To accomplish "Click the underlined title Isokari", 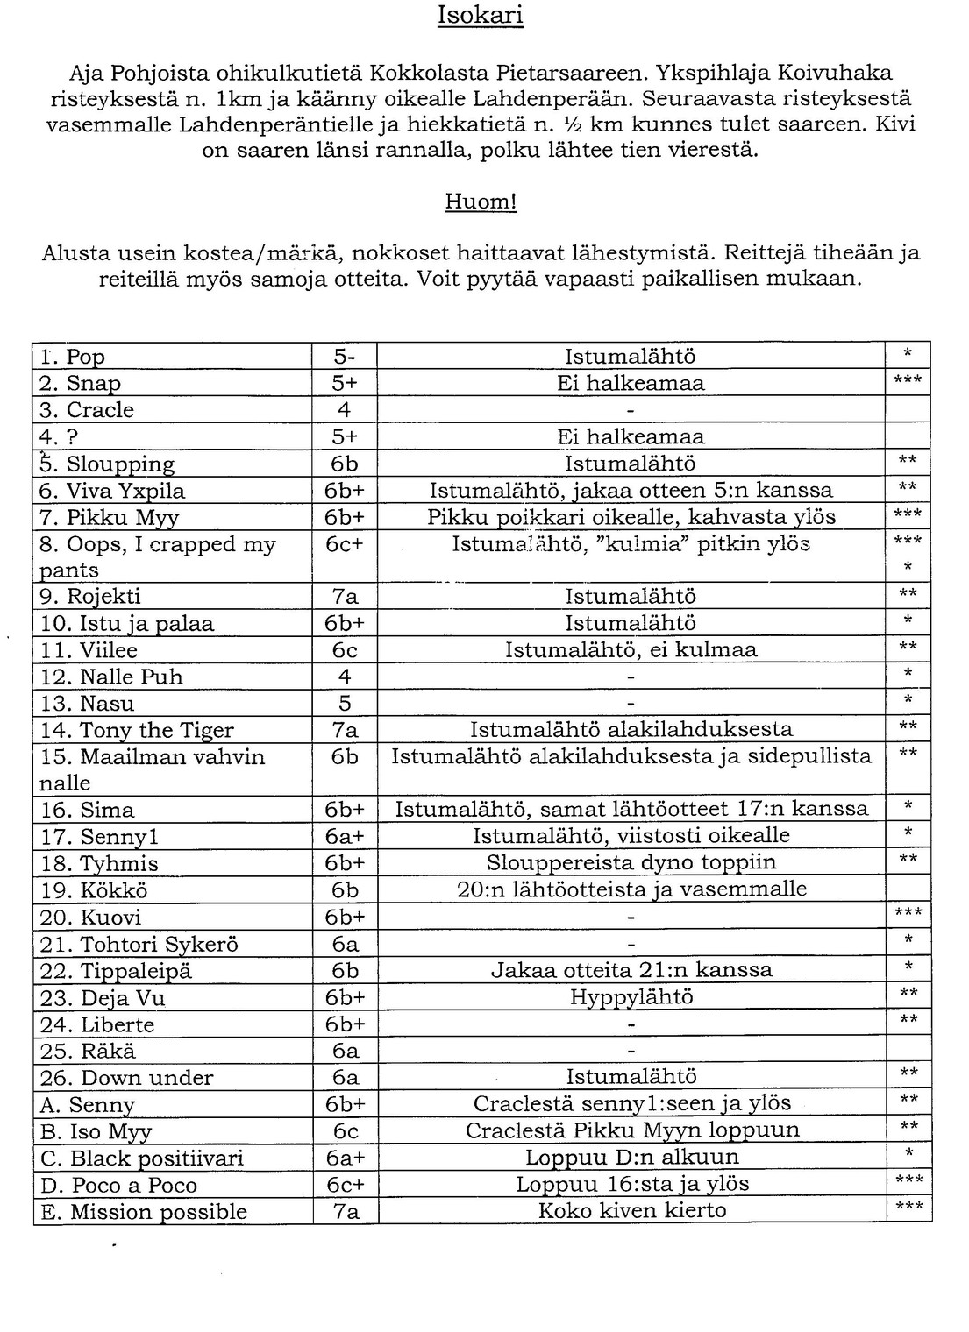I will point(480,16).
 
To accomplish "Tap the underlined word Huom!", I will point(481,202).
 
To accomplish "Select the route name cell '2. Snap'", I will point(81,383).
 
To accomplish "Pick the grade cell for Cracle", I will point(345,410).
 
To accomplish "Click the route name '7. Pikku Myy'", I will point(110,517).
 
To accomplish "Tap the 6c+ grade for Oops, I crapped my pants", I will point(345,544).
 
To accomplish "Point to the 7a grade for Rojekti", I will point(345,597).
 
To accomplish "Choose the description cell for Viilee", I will point(631,650).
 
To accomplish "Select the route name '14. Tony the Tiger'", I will point(137,730).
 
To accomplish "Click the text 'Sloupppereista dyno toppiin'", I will point(631,862).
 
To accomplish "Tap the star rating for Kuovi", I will point(908,915).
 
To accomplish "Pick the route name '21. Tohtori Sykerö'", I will point(139,944).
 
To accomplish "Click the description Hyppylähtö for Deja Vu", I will point(631,997).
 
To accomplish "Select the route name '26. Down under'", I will point(126,1077).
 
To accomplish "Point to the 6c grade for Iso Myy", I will point(345,1130).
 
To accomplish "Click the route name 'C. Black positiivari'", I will point(141,1158).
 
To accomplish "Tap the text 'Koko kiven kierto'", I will point(631,1210).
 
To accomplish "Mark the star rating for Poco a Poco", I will point(908,1182).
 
